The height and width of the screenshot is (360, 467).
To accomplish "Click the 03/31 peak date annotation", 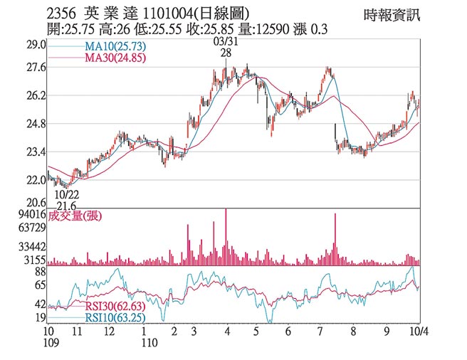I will pyautogui.click(x=226, y=43).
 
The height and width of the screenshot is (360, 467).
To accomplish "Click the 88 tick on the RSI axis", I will pyautogui.click(x=40, y=271).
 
